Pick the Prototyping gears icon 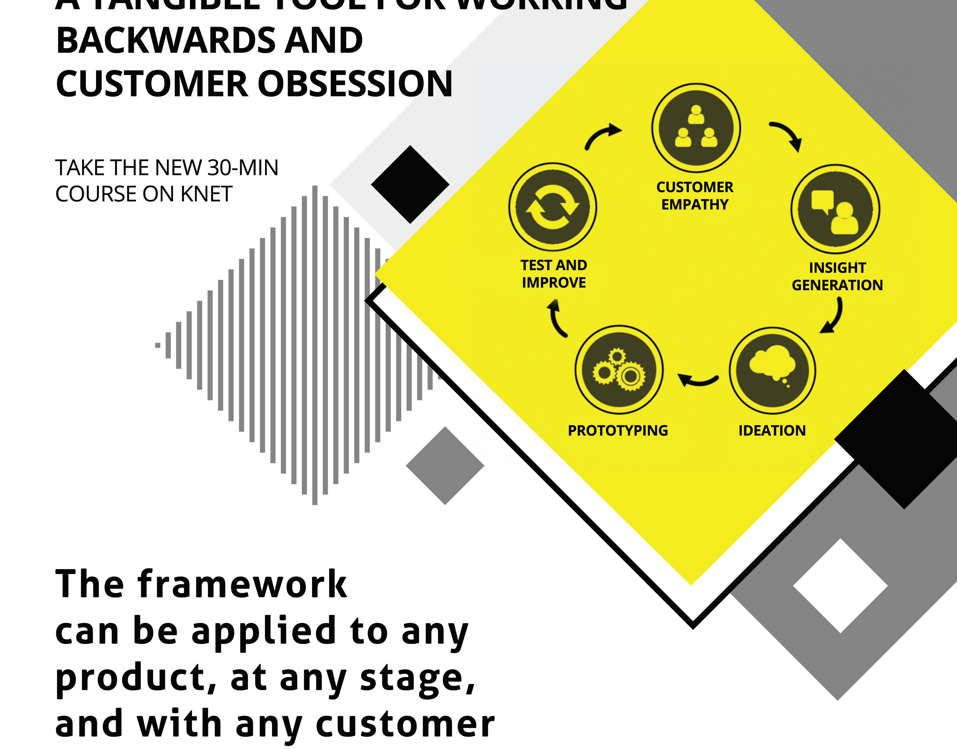click(619, 370)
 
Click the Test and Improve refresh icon click(552, 207)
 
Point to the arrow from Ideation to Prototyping click(697, 380)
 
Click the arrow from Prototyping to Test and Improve click(557, 319)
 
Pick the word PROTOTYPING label click(618, 431)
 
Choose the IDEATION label click(772, 431)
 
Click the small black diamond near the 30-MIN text click(410, 184)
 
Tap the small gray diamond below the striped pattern click(445, 466)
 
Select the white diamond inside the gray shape click(840, 585)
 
